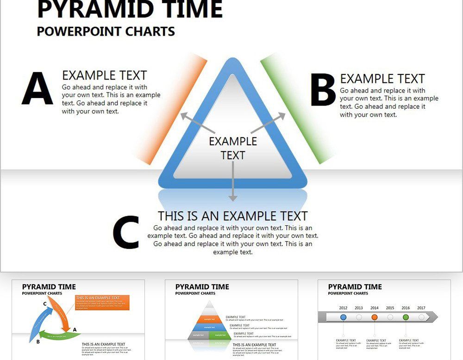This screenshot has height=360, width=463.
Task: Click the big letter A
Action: point(37,88)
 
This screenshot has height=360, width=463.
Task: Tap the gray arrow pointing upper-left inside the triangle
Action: point(197,122)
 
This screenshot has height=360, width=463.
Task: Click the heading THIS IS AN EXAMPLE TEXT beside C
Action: point(232,216)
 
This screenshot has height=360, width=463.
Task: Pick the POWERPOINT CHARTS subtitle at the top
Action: point(106,31)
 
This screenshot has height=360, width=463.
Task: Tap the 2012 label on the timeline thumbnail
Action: point(343,308)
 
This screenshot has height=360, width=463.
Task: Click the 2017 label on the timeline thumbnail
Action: point(421,308)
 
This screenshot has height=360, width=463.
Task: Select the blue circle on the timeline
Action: point(343,317)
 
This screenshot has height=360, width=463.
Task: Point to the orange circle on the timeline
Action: point(375,317)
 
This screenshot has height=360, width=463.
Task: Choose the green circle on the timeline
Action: point(406,317)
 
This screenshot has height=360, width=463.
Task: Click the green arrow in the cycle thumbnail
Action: point(58,335)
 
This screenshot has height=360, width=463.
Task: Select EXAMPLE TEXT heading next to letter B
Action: point(382,79)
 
